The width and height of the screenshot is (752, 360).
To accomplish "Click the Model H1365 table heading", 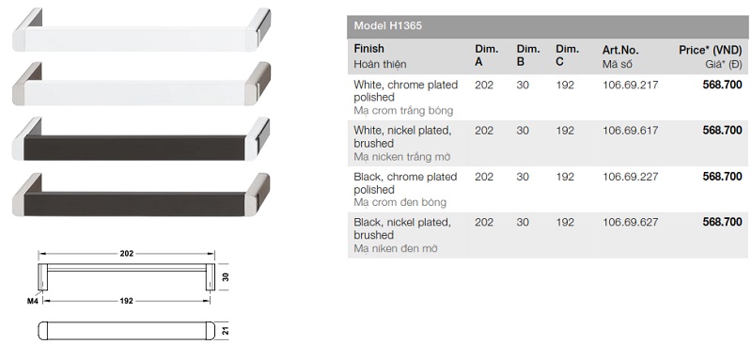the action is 387,26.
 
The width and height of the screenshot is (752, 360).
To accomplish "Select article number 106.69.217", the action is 630,85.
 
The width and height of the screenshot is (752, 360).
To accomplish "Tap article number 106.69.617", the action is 630,131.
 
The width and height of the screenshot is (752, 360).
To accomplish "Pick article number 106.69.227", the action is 630,177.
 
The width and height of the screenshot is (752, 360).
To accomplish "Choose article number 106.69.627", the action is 630,222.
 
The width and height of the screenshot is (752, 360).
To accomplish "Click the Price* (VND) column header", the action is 711,50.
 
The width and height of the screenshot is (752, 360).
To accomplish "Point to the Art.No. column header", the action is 620,50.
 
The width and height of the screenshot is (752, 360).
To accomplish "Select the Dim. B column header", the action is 528,55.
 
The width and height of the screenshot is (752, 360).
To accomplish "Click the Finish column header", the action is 368,49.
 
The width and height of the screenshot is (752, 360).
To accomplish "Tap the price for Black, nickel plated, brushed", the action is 722,222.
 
